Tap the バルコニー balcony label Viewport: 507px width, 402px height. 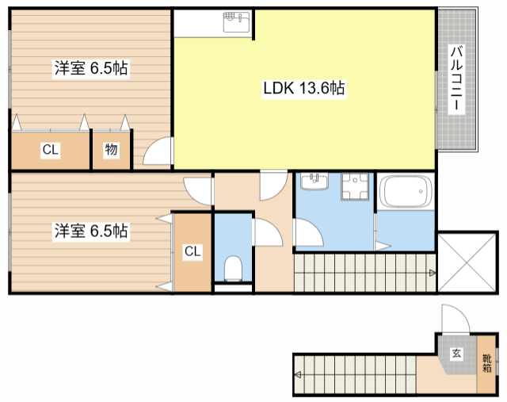pos(457,80)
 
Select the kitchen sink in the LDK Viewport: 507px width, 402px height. pos(236,23)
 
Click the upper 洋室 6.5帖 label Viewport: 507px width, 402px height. pos(91,69)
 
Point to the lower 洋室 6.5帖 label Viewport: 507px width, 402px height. pos(91,232)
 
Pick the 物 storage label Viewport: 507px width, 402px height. pos(110,150)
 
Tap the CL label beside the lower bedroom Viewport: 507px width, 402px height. pos(193,252)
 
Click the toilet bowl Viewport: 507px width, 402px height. pos(234,270)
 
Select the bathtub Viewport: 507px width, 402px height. pos(405,193)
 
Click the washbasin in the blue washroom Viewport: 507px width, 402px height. pos(315,183)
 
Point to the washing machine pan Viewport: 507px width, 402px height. pos(354,189)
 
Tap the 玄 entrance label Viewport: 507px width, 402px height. pos(457,354)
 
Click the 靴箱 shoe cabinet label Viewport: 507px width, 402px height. pos(486,362)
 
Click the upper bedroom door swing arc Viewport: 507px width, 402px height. pos(158,151)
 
